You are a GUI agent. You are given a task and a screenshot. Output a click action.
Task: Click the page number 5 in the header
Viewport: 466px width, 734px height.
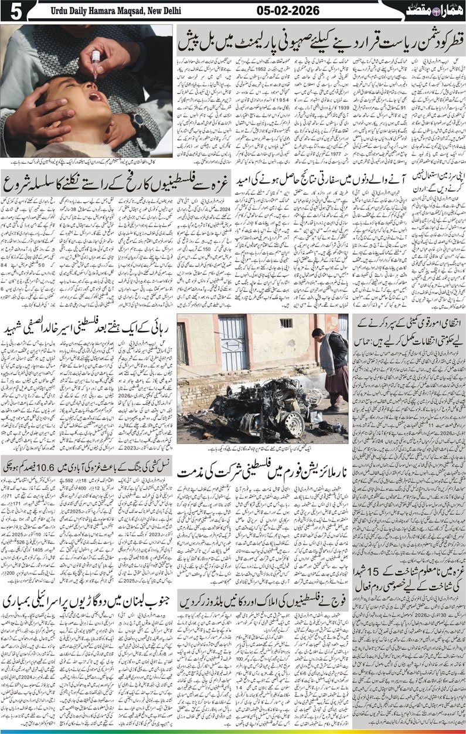tap(9, 11)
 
